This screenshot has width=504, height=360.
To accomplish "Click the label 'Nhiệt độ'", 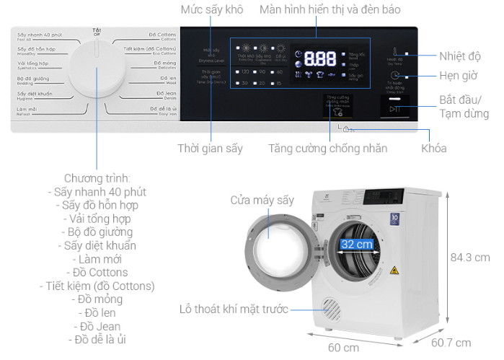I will coord(461,56).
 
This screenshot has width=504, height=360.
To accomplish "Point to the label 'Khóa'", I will coord(434,149).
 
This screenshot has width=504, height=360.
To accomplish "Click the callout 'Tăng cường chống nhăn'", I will coord(328,149).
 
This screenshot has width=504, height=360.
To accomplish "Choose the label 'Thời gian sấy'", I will coord(210,149).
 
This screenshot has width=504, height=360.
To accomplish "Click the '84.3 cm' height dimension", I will coord(469,258).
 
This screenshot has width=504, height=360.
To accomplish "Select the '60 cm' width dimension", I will coord(343,348).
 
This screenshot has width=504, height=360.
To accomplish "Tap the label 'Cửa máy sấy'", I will coord(262,200).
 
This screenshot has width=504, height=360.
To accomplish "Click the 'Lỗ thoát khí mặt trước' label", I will coord(234,309).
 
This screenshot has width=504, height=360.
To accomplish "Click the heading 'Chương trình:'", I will coord(97,177).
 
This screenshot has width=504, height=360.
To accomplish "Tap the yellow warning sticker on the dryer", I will coord(394,271).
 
